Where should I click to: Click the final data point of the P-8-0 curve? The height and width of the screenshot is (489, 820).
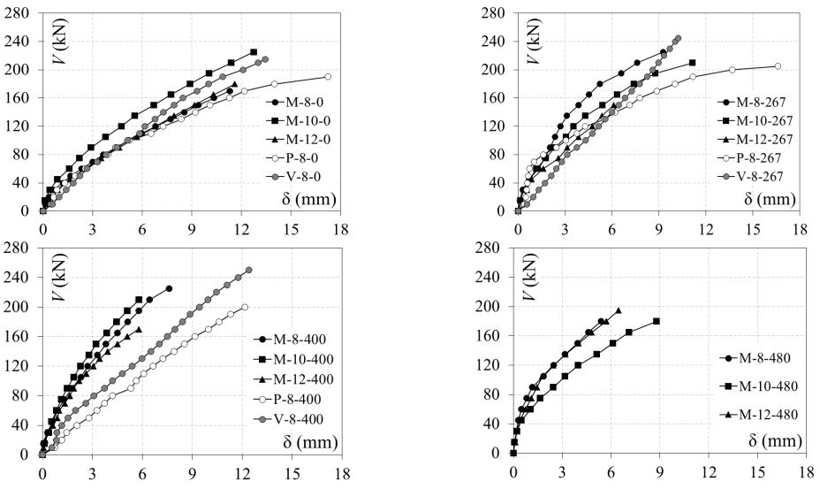(328, 77)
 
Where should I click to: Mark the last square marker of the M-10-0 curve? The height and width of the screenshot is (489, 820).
(254, 52)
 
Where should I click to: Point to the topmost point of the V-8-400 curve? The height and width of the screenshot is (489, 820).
(248, 271)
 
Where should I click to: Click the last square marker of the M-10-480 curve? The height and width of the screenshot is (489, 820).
(657, 322)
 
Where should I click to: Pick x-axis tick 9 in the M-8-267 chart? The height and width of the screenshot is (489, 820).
(659, 228)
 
